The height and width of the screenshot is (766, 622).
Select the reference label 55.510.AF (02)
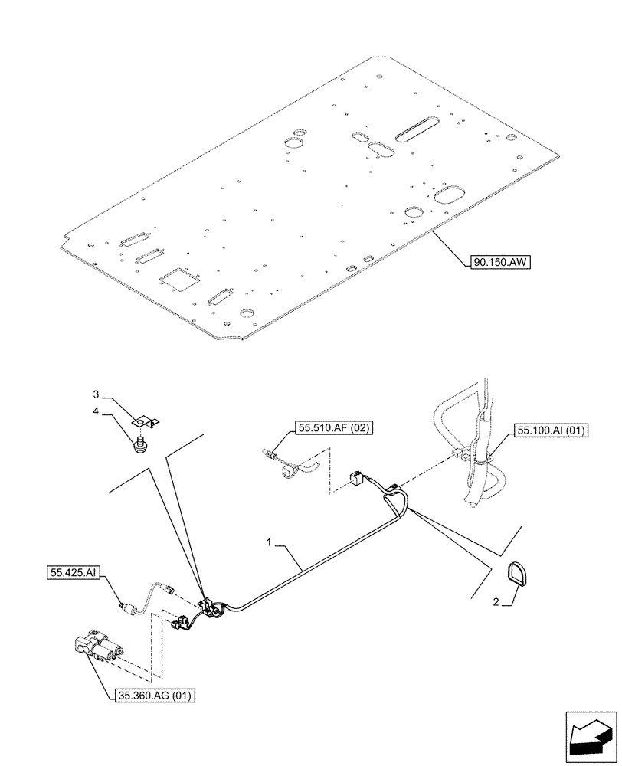[332, 429]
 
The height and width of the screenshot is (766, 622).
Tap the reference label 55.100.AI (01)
[551, 430]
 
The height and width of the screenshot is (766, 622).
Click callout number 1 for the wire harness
[270, 542]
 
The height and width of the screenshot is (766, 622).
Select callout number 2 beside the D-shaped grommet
[496, 602]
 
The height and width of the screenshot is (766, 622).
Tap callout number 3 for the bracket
[97, 394]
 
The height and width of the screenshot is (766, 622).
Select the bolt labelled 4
[140, 444]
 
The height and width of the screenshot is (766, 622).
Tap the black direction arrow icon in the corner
[591, 738]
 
